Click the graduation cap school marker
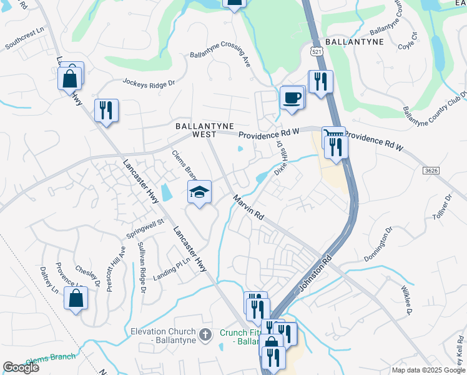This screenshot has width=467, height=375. click(199, 192)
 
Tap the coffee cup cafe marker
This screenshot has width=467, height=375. click(292, 98)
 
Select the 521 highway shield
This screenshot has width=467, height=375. click(317, 49)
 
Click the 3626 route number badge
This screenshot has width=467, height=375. click(430, 169)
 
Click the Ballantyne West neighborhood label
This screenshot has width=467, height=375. click(195, 129)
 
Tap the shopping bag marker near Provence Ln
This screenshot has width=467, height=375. click(76, 298)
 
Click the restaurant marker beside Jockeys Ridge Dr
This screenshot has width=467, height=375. click(106, 111)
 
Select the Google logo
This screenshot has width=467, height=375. click(21, 367)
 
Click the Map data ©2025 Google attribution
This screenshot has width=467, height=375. click(428, 370)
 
